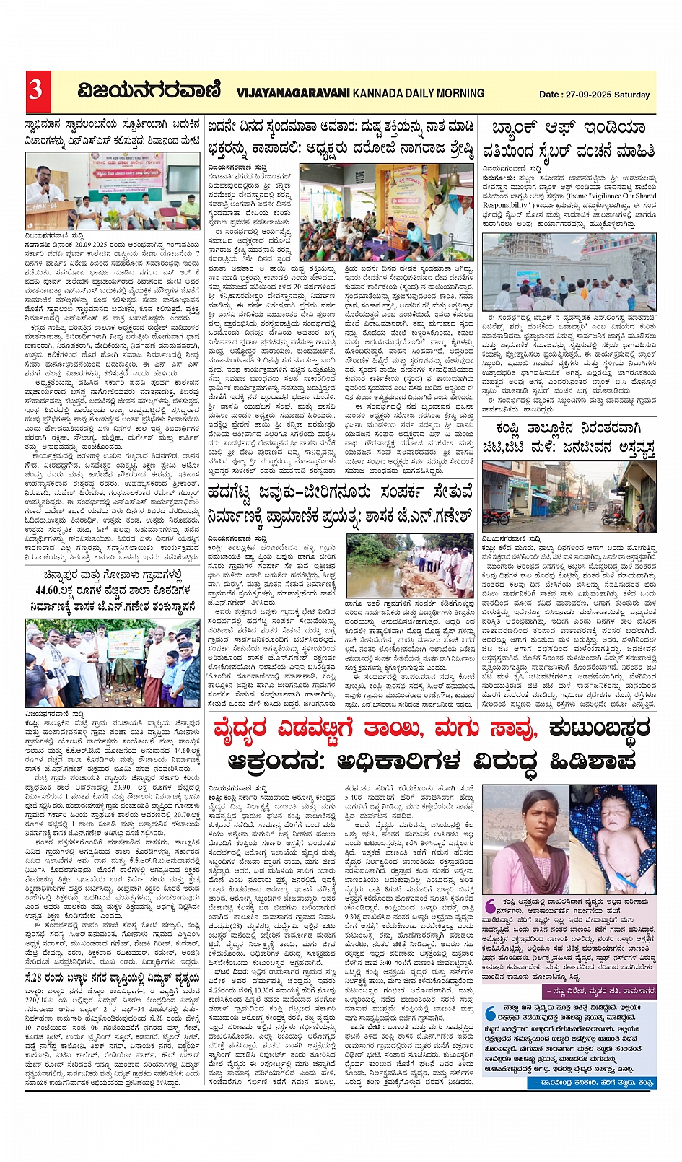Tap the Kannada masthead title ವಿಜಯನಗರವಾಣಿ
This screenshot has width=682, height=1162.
click(x=149, y=91)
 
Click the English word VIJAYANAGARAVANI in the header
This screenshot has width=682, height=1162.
click(x=293, y=93)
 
